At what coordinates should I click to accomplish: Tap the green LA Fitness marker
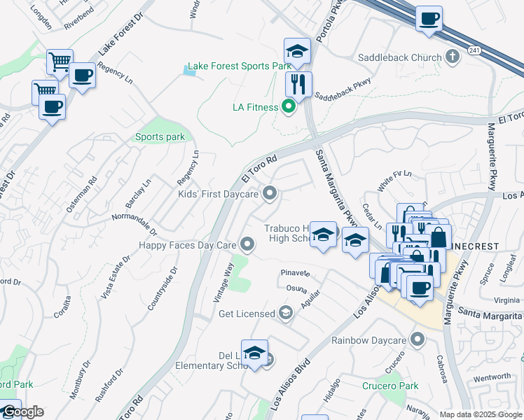(x=288, y=107)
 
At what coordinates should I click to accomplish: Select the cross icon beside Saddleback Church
(x=453, y=57)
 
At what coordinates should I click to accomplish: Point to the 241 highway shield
(x=475, y=50)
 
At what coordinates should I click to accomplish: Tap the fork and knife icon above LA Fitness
(x=298, y=85)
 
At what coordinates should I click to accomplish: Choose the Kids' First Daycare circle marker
(x=269, y=193)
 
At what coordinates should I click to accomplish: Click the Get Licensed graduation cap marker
(x=285, y=313)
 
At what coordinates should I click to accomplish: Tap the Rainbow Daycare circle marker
(x=419, y=341)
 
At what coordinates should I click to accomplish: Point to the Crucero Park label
(x=390, y=386)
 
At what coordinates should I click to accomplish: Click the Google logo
(x=22, y=412)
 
